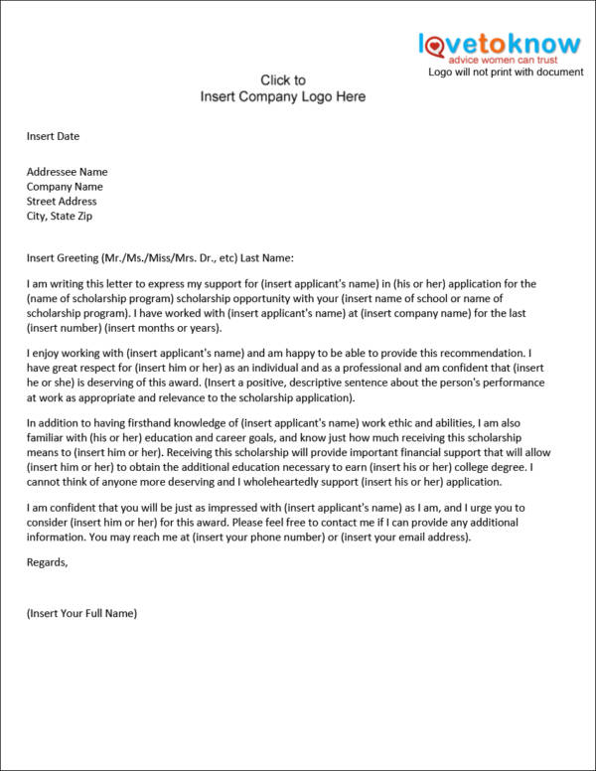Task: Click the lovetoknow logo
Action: click(x=499, y=44)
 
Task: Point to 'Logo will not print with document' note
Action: click(x=506, y=72)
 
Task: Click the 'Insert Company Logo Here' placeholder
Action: click(x=283, y=96)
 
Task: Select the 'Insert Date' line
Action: click(x=53, y=136)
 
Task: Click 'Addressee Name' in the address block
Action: click(x=68, y=172)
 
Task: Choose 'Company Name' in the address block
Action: click(x=65, y=187)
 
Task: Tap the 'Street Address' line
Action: click(x=62, y=202)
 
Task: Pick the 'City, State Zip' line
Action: click(x=60, y=217)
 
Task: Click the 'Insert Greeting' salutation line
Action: click(x=160, y=258)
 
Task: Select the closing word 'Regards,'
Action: click(x=48, y=562)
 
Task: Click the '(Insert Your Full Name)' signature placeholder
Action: click(x=81, y=613)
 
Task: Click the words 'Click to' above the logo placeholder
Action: click(x=283, y=80)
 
